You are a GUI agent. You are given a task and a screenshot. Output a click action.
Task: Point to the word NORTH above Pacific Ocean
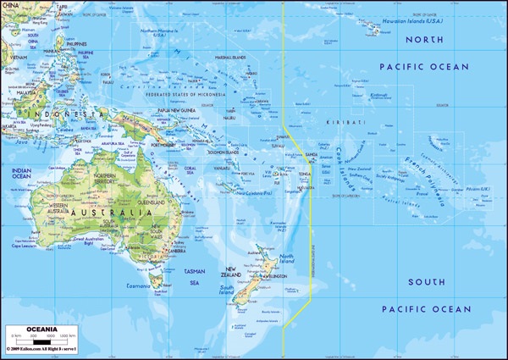point(422,40)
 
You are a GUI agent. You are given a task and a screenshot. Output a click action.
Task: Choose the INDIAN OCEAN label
point(22,174)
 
